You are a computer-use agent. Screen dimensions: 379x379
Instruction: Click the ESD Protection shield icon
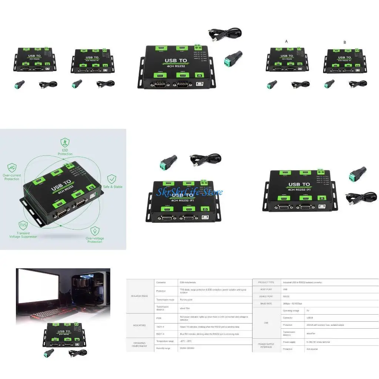tap(65, 142)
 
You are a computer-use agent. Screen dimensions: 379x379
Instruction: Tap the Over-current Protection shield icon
tap(12, 167)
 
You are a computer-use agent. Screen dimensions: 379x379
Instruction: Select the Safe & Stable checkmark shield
tap(112, 179)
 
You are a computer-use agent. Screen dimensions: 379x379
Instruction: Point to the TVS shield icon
tap(23, 225)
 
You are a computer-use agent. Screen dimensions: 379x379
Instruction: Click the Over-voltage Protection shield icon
tap(95, 231)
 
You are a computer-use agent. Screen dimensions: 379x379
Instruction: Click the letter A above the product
tap(286, 42)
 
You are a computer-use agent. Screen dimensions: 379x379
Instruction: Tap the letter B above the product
tap(345, 43)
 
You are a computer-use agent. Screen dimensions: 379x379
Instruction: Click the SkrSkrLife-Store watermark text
tap(189, 192)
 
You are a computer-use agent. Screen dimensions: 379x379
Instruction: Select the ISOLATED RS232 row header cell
tap(140, 296)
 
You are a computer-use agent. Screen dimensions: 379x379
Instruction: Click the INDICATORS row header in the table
tap(140, 325)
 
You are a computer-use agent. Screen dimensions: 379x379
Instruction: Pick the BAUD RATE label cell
tap(266, 303)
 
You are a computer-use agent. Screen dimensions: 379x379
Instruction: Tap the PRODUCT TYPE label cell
tap(266, 282)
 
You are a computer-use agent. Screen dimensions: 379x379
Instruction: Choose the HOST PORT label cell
tap(266, 289)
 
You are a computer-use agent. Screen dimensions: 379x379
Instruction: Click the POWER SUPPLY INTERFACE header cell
tap(266, 345)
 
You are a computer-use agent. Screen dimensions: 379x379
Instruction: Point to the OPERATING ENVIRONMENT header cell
tap(140, 345)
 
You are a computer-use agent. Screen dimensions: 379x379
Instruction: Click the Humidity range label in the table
tap(163, 348)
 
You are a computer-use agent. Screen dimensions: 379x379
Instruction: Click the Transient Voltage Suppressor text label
tap(23, 235)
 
